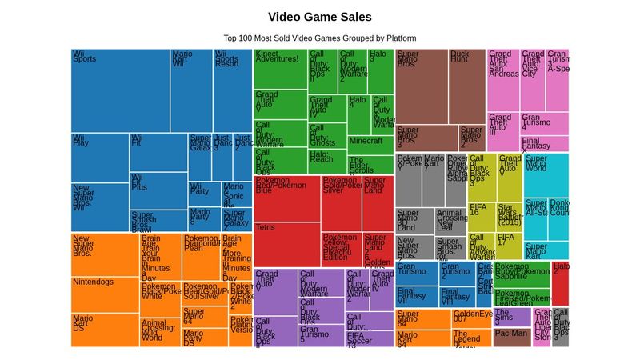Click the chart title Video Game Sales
[x=319, y=17]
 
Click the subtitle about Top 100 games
[x=319, y=38]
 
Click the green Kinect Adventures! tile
[x=280, y=68]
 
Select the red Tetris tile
[x=286, y=245]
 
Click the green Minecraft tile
[x=370, y=145]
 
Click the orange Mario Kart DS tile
[x=105, y=329]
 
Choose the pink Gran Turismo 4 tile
[x=544, y=124]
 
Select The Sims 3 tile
[x=511, y=317]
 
